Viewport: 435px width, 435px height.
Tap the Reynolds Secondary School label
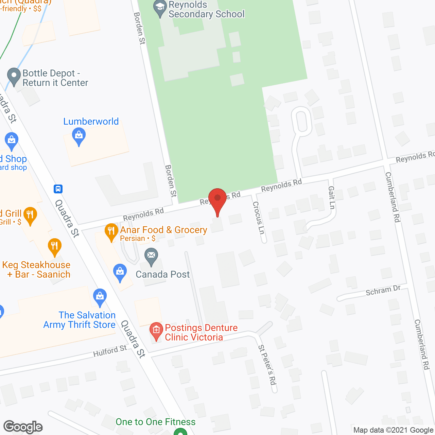(206, 10)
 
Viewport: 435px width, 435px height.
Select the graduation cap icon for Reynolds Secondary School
(160, 8)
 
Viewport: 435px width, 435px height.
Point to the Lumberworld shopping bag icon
(79, 136)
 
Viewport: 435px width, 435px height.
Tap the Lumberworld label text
(91, 121)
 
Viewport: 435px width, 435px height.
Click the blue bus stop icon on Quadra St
(58, 189)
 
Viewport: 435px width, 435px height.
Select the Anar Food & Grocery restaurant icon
(111, 232)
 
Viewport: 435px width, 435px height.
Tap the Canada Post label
(162, 274)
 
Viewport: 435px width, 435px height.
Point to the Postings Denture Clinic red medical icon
(156, 330)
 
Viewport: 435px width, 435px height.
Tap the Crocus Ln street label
(258, 217)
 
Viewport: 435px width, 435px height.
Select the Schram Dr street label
(383, 291)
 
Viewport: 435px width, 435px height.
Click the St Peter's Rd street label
(267, 365)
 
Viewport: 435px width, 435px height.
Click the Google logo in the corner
(23, 427)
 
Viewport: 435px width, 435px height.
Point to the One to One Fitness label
(156, 422)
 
